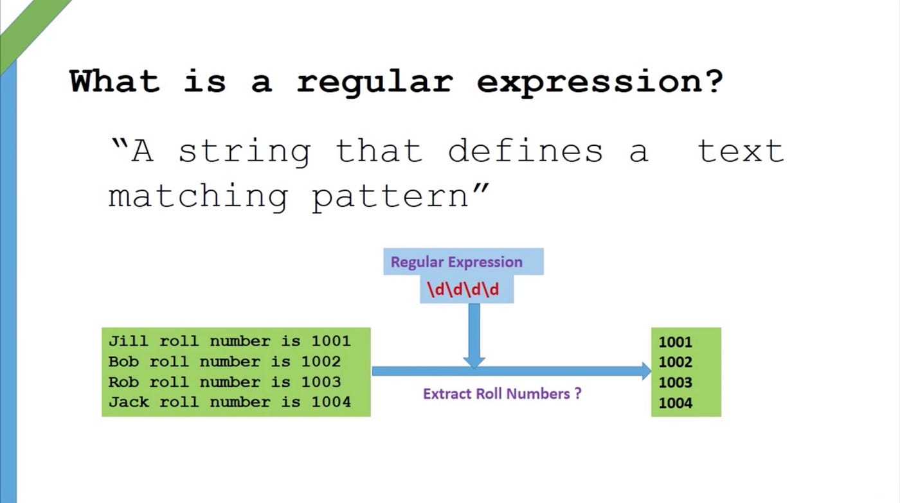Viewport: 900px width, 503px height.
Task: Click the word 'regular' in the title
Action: pyautogui.click(x=374, y=82)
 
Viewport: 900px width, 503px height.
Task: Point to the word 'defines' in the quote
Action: pyautogui.click(x=525, y=151)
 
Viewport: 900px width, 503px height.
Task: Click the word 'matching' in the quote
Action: pyautogui.click(x=198, y=197)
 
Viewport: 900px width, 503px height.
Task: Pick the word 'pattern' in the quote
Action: pyautogui.click(x=391, y=197)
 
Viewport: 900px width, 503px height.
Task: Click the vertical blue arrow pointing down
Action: pyautogui.click(x=474, y=334)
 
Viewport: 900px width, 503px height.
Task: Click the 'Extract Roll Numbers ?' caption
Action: pyautogui.click(x=502, y=394)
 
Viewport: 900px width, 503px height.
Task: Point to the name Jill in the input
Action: pyautogui.click(x=128, y=341)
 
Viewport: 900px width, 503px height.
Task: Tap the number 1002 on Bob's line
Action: pyautogui.click(x=321, y=362)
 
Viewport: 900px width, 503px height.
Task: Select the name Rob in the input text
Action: pyautogui.click(x=123, y=382)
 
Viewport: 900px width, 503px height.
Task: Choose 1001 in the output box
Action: pyautogui.click(x=675, y=342)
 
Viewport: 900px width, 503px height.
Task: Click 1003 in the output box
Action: pyautogui.click(x=675, y=383)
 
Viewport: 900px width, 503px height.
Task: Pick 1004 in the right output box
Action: pyautogui.click(x=675, y=403)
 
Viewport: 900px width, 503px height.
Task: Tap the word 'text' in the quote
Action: pyautogui.click(x=741, y=151)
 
